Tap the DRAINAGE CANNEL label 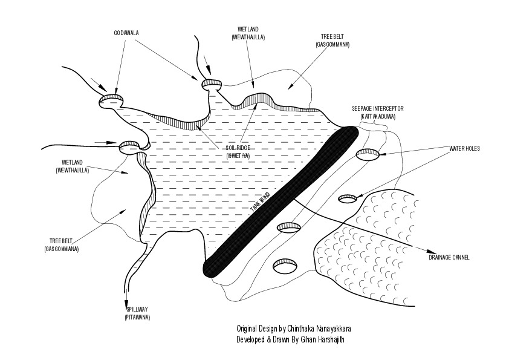449,257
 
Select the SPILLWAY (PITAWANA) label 137,313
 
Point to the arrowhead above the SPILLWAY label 127,304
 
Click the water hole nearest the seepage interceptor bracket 368,155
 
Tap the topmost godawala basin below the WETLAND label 212,83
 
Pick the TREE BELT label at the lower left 61,245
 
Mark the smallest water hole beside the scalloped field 348,198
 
